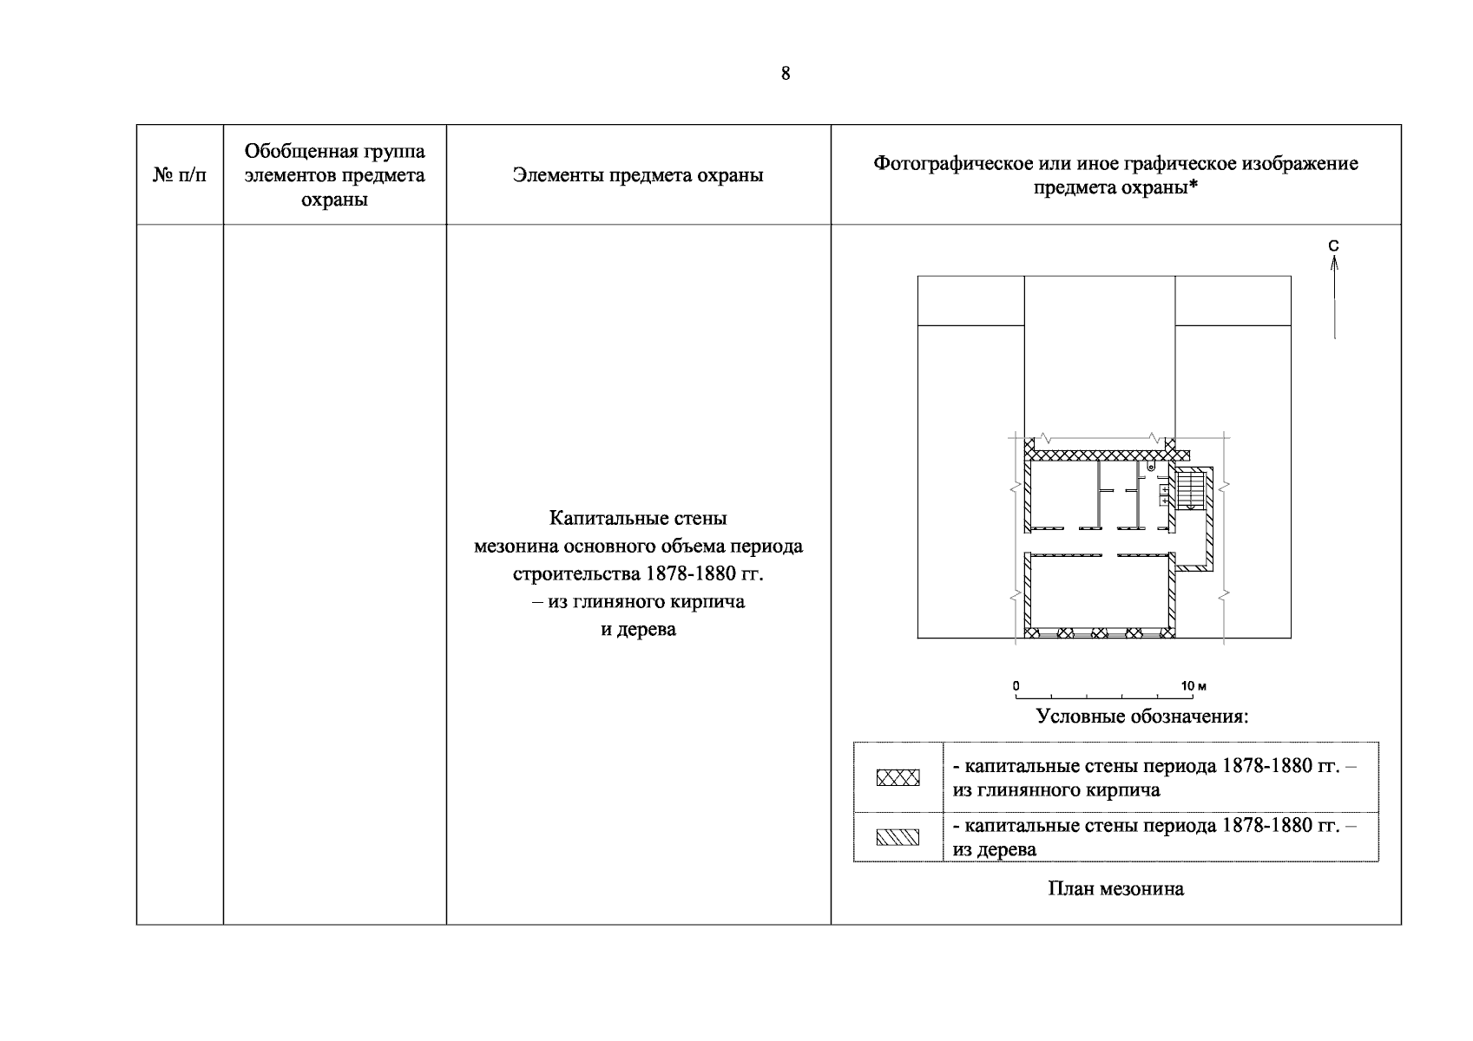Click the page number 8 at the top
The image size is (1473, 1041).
786,74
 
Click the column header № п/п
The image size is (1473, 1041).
180,175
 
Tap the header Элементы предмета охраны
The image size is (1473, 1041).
638,175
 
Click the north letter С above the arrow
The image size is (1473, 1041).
1334,246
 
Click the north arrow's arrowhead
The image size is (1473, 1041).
1334,261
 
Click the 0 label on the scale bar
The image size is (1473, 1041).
1016,686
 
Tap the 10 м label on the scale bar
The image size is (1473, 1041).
1194,686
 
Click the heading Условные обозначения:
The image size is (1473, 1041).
1142,717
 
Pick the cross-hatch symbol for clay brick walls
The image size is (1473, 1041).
898,778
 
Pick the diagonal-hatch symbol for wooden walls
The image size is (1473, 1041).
898,837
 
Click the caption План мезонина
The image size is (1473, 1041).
1115,888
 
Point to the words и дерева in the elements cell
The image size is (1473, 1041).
638,630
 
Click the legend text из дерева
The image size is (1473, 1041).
994,849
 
